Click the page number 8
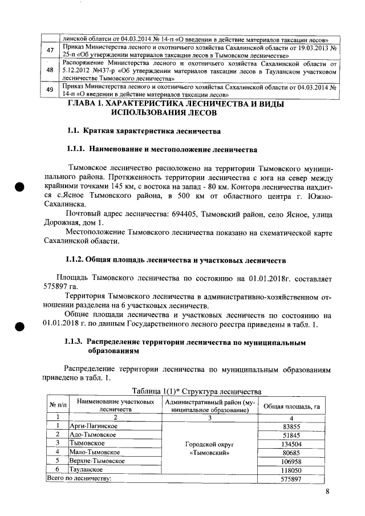pos(327,492)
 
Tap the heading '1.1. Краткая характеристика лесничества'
pos(144,132)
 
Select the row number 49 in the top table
pos(50,90)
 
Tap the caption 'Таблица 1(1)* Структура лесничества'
pos(196,391)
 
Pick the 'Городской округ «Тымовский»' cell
pos(208,448)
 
